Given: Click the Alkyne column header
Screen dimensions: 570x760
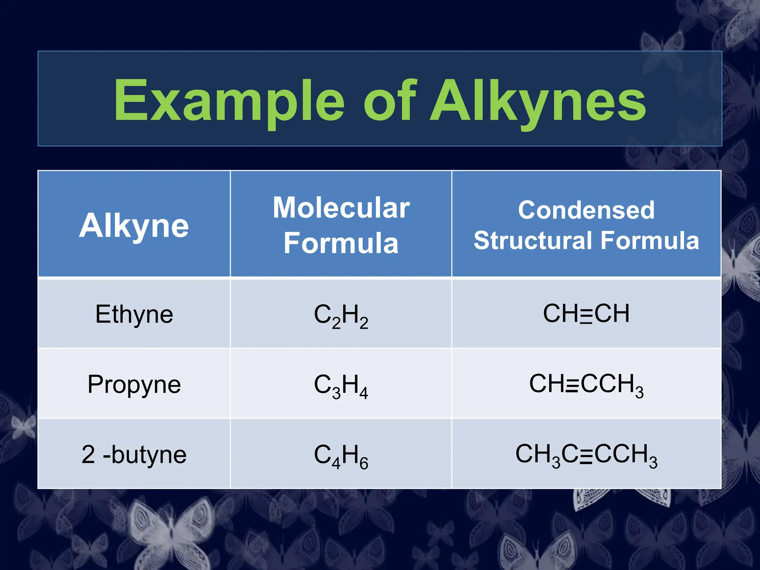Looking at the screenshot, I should click(x=134, y=225).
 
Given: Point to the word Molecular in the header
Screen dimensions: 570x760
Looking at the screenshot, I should click(x=341, y=208).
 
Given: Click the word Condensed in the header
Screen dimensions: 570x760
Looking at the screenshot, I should click(x=586, y=210).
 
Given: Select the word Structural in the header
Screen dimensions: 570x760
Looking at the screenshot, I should click(x=534, y=240).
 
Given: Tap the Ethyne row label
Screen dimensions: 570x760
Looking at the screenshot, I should click(x=134, y=314).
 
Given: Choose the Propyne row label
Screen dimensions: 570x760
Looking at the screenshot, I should click(x=134, y=384).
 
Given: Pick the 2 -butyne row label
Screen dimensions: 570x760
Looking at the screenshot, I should click(x=134, y=455).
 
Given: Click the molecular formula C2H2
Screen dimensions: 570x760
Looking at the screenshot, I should click(x=341, y=315).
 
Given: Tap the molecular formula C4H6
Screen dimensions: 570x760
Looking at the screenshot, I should click(x=341, y=455).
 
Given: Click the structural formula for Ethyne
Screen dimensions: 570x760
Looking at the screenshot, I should click(x=586, y=314).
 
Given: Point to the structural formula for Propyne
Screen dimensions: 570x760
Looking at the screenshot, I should click(x=586, y=384).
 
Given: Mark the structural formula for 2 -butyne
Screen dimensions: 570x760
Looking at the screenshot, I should click(x=586, y=455).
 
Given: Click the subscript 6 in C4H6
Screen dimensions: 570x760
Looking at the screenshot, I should click(x=364, y=463).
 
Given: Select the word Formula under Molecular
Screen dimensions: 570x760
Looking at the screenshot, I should click(x=341, y=243).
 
